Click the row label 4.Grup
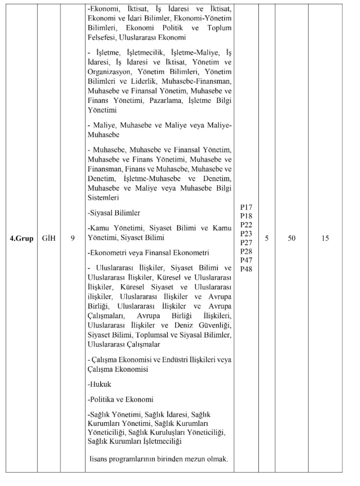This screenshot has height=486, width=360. (21, 238)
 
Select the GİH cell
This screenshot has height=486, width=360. (48, 238)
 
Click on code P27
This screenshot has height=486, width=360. (246, 242)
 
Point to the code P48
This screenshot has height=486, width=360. (246, 269)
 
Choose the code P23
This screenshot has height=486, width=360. (246, 234)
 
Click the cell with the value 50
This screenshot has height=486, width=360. (291, 238)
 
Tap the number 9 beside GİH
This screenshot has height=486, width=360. (73, 238)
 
